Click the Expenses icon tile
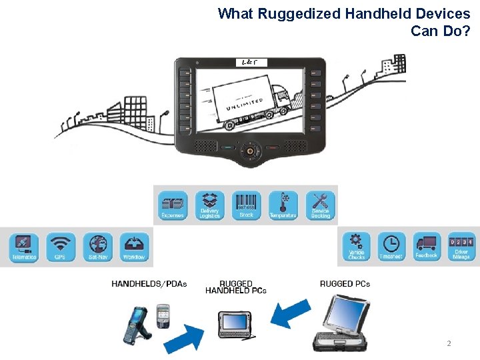(x=173, y=205)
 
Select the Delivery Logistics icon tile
(x=210, y=205)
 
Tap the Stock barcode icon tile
(x=247, y=205)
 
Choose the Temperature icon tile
(x=283, y=205)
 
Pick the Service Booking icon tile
(x=320, y=205)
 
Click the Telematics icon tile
(x=24, y=247)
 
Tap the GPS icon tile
(x=61, y=247)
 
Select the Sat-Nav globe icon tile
(x=97, y=247)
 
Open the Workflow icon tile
(x=134, y=247)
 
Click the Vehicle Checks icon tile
(x=357, y=246)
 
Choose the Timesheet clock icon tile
(x=391, y=246)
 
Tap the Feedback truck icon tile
(x=427, y=246)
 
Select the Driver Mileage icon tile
(x=461, y=246)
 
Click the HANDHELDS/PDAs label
(x=149, y=284)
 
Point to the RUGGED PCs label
(x=345, y=284)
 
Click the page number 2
(x=449, y=343)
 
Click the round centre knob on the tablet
(x=250, y=151)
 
